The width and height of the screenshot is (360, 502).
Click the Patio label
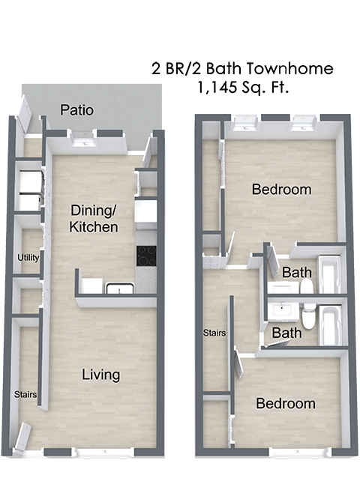(x=77, y=111)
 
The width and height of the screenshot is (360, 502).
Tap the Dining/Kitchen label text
(x=94, y=217)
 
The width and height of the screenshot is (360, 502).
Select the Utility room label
(x=28, y=258)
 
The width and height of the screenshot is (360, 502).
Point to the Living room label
(x=101, y=375)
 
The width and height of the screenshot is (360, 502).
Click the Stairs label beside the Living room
(x=25, y=394)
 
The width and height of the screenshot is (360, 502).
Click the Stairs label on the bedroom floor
(x=215, y=332)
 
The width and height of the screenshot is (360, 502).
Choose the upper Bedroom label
(x=281, y=190)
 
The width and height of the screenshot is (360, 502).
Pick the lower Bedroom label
(x=286, y=404)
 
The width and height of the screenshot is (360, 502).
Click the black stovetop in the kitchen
(x=146, y=255)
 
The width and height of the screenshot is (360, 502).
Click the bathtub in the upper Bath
(x=331, y=276)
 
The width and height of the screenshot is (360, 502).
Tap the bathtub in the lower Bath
(x=331, y=324)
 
